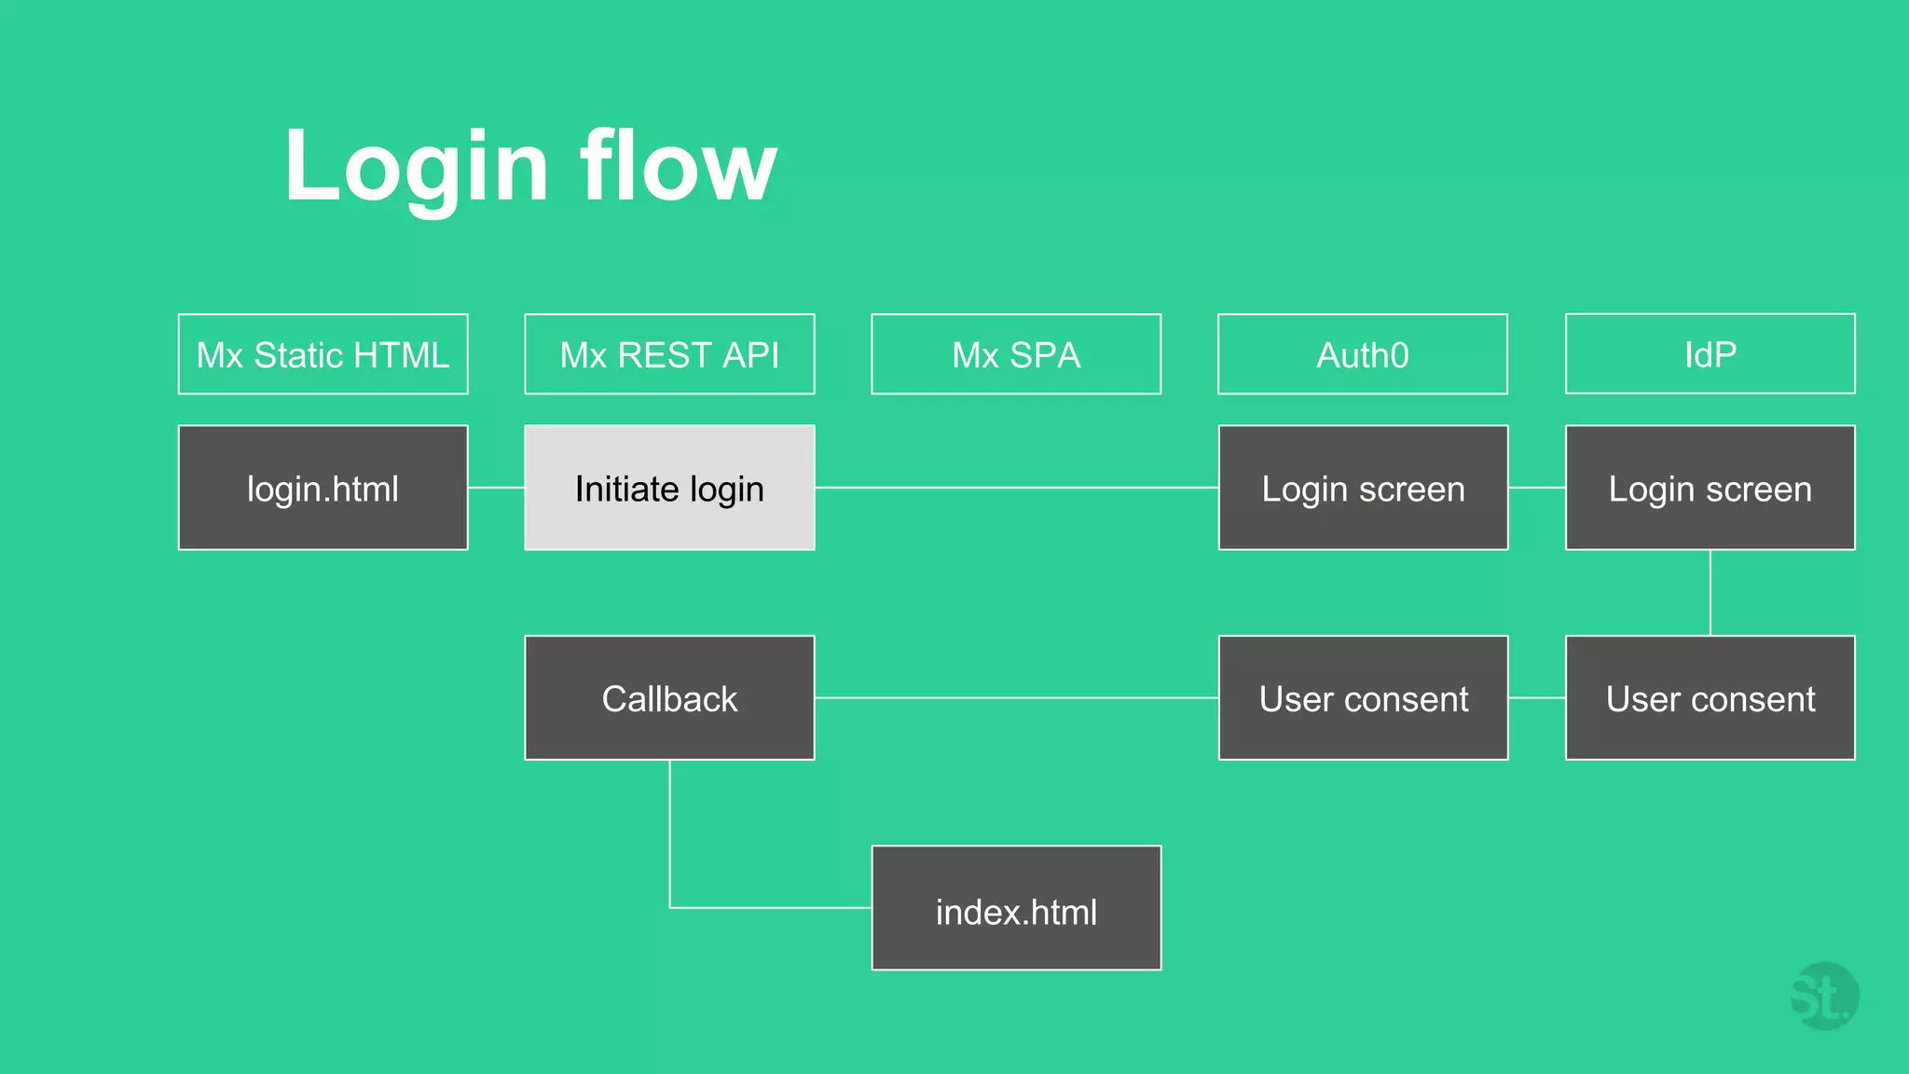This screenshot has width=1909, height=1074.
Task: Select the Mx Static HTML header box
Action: click(323, 354)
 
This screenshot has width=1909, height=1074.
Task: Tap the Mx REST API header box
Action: click(669, 354)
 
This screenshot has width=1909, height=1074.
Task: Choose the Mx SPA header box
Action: click(1016, 354)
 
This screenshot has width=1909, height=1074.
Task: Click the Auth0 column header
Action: click(1363, 354)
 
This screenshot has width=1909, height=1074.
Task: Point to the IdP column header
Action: click(1710, 354)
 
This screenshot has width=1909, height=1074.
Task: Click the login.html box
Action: click(323, 488)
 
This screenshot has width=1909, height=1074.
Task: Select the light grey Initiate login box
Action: click(669, 488)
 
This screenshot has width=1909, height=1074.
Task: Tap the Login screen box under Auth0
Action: click(1363, 488)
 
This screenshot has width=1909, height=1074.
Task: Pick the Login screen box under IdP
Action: click(1710, 488)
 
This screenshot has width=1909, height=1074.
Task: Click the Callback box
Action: click(669, 698)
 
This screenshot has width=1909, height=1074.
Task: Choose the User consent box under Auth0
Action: click(1363, 698)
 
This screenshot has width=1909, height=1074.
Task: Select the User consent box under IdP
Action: click(1710, 698)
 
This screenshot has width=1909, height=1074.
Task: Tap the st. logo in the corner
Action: click(1824, 997)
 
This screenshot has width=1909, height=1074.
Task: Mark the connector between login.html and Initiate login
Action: click(496, 488)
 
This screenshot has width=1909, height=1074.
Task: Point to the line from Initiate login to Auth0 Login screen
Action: click(1016, 488)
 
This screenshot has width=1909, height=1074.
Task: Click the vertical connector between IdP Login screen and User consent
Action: click(1710, 593)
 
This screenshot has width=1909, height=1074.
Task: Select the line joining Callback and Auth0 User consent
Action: click(1016, 697)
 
